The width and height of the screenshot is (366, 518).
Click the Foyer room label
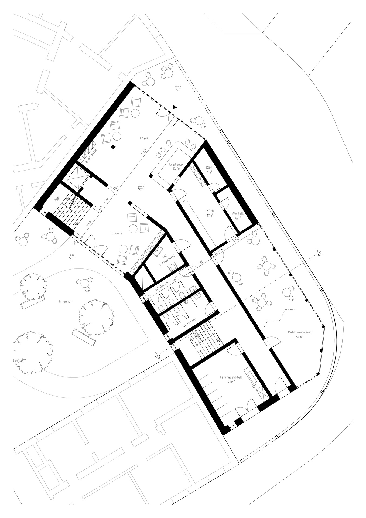[x=144, y=138]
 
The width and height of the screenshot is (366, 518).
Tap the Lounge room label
[x=117, y=233]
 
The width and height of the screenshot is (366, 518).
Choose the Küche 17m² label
[x=211, y=213]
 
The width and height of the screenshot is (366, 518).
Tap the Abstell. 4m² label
[x=238, y=216]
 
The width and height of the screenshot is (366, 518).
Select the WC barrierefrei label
[x=165, y=259]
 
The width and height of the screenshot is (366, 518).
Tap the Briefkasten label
[x=91, y=156]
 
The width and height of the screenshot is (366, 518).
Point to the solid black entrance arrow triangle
[x=175, y=107]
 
